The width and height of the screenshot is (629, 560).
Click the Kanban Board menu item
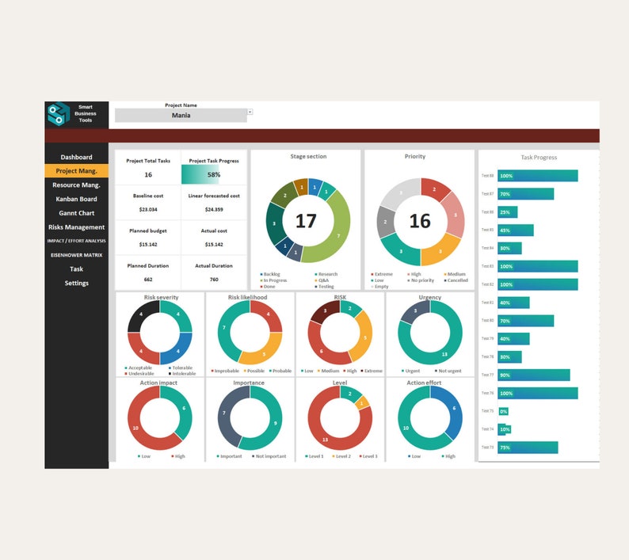coord(76,199)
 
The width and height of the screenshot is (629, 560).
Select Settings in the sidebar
coord(76,283)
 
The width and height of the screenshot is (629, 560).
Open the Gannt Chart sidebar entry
coord(76,213)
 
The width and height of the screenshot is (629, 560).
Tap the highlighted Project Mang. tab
coord(76,171)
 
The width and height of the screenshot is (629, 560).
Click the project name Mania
coord(181,116)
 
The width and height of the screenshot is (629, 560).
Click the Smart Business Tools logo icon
coord(58,114)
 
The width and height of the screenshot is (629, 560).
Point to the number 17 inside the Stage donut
coord(306,221)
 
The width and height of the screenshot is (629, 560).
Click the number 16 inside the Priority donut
coord(419,221)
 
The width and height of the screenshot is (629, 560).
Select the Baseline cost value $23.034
coord(148,209)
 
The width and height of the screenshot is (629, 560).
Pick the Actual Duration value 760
coord(214,280)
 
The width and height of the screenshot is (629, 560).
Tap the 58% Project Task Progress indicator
coord(213,174)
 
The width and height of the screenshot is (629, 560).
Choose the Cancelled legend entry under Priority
coord(456,280)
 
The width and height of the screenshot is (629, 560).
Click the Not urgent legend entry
coord(448,371)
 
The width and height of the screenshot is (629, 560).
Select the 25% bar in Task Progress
coord(507,212)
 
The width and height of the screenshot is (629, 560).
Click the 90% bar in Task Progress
coord(533,375)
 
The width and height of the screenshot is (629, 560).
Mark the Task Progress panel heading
coord(539,158)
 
